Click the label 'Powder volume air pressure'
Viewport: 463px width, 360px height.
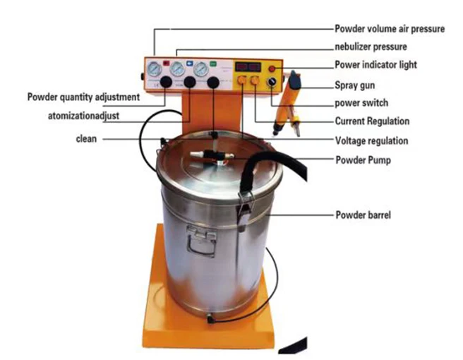click(x=389, y=29)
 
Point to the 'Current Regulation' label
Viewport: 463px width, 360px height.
click(x=372, y=121)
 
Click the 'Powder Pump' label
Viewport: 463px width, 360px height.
click(x=363, y=160)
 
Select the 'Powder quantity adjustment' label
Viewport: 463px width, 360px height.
click(x=83, y=96)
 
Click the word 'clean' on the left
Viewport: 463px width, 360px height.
click(x=86, y=139)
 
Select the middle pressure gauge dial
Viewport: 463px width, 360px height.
click(x=177, y=69)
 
